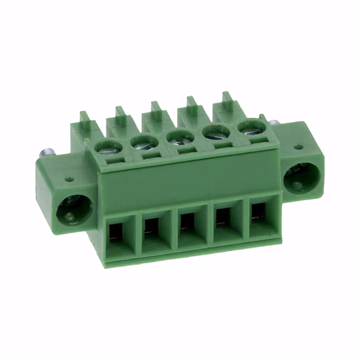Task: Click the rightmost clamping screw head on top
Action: pos(251,127)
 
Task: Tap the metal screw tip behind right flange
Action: pos(274,124)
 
